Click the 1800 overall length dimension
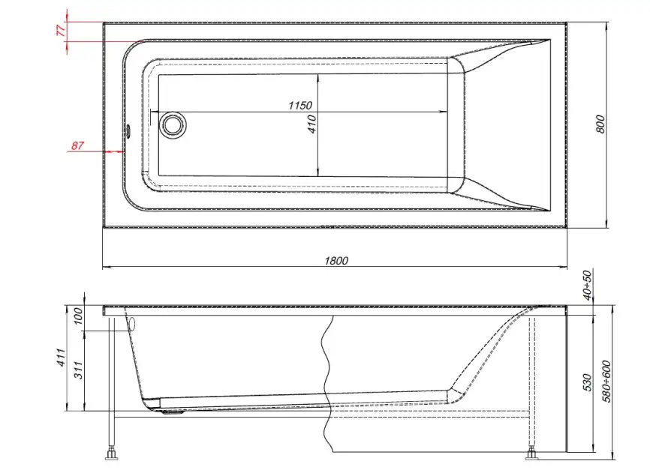pos(337,261)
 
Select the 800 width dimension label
pos(600,124)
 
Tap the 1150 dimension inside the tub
pos(299,106)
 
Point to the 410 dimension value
pos(312,124)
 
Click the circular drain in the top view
pos(173,124)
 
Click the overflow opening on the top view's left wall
pos(128,132)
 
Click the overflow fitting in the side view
pos(132,322)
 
